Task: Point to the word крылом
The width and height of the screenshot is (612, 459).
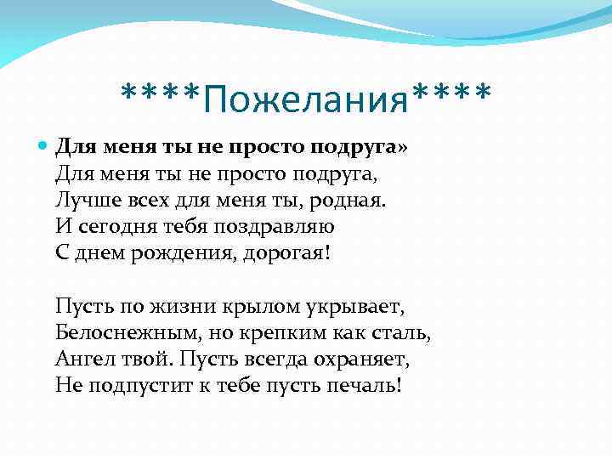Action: (x=242, y=306)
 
